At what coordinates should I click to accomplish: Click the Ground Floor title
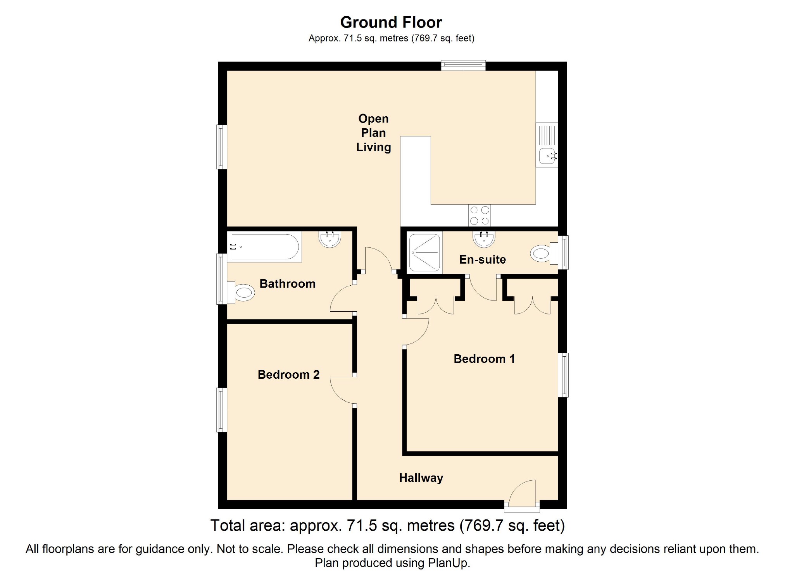(x=391, y=22)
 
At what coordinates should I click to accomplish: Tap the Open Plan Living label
(x=373, y=133)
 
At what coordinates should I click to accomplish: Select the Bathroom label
(x=288, y=284)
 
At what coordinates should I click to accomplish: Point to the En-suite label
(x=483, y=259)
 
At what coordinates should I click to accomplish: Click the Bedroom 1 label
(x=484, y=359)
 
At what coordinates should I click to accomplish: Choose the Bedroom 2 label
(x=289, y=374)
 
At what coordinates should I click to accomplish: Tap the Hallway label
(x=421, y=478)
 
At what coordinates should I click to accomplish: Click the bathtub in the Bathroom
(x=264, y=247)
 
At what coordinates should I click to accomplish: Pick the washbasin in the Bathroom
(x=330, y=239)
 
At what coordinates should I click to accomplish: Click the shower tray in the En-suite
(x=424, y=252)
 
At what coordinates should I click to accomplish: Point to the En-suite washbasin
(x=484, y=239)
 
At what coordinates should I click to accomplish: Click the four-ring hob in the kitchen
(x=480, y=216)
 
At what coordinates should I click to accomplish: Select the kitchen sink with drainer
(x=547, y=145)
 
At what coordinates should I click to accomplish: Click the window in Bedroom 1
(x=563, y=375)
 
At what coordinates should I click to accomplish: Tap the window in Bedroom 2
(x=222, y=410)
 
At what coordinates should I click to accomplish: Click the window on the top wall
(x=463, y=66)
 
